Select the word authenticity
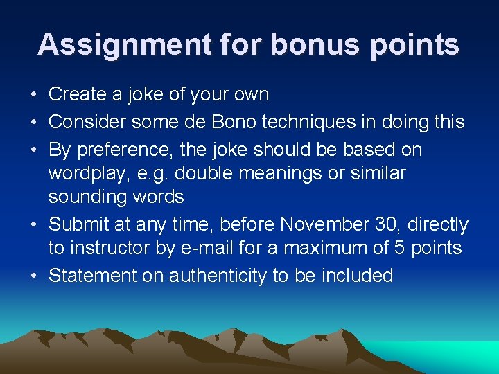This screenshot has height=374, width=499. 207,276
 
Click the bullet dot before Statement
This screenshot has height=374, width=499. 35,276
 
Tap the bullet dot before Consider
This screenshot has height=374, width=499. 35,123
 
